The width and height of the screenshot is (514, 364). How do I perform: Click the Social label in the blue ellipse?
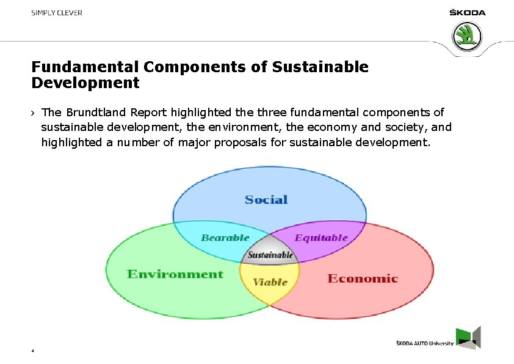pyautogui.click(x=266, y=200)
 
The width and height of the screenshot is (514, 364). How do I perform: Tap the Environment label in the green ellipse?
pyautogui.click(x=175, y=274)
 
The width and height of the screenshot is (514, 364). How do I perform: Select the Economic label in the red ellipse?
pyautogui.click(x=363, y=279)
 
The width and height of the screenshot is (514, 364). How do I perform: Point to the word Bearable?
pyautogui.click(x=225, y=238)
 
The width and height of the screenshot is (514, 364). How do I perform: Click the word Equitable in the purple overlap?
pyautogui.click(x=321, y=238)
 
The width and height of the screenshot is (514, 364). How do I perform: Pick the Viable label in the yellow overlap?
pyautogui.click(x=270, y=282)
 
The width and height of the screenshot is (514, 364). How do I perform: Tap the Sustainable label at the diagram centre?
pyautogui.click(x=270, y=254)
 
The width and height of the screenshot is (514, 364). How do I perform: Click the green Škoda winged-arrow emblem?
pyautogui.click(x=467, y=36)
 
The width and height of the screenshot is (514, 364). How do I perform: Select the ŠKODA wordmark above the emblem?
pyautogui.click(x=467, y=13)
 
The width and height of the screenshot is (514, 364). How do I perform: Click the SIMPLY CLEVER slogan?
pyautogui.click(x=57, y=13)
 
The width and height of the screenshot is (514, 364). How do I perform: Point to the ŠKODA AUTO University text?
pyautogui.click(x=425, y=344)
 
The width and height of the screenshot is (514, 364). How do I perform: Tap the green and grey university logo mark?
pyautogui.click(x=469, y=338)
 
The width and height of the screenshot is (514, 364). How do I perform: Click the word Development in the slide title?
pyautogui.click(x=85, y=83)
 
